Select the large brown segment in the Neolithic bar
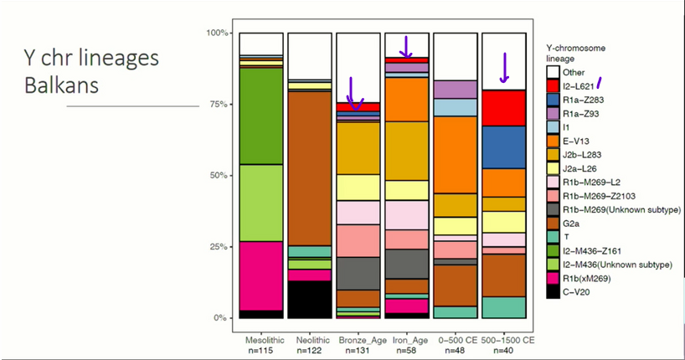tap(309, 167)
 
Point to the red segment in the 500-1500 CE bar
tap(503, 107)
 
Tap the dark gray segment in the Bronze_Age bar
tap(358, 273)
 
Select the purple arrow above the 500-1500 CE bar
tap(504, 69)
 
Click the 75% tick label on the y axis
tap(217, 105)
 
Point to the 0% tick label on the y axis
tap(220, 318)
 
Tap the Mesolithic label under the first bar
tap(261, 342)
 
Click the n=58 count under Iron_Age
tap(406, 352)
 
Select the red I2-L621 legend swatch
tap(553, 85)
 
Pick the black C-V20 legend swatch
tap(553, 291)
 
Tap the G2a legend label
tap(572, 223)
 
